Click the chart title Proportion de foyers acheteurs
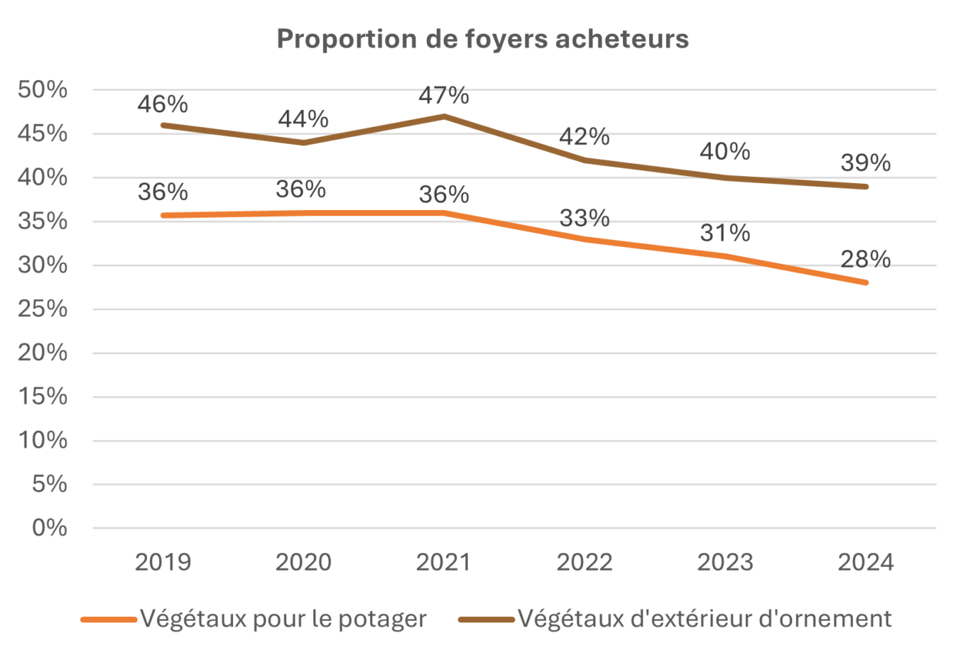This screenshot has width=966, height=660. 482,39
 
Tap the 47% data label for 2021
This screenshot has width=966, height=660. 444,95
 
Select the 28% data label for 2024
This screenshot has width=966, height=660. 865,259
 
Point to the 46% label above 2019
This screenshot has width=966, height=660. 163,104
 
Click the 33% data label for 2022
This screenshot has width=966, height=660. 584,218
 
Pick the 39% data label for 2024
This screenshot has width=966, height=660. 865,163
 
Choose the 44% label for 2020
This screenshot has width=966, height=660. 303,119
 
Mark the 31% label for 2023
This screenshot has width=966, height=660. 724,233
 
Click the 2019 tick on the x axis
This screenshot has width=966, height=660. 163,562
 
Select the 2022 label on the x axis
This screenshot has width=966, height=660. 584,562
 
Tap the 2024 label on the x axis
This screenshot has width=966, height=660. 865,562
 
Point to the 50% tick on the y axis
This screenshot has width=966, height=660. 43,90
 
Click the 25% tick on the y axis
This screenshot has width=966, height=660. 43,309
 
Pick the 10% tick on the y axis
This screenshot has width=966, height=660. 43,441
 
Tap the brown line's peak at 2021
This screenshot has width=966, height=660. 444,116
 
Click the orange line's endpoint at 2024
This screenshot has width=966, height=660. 865,282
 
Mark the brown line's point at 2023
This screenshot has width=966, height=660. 724,177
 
